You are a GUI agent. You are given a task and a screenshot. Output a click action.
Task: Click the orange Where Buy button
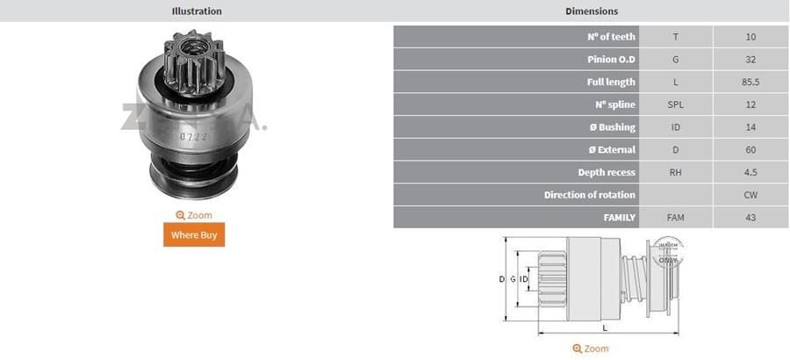point(194,234)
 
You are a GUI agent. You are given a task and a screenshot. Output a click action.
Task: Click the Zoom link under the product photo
point(194,215)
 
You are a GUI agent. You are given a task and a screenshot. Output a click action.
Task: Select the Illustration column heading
point(197,11)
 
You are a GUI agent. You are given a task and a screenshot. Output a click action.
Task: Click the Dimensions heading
point(592,11)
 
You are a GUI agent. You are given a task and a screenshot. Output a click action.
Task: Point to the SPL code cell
point(675,104)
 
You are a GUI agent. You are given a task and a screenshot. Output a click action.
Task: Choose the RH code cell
point(675,172)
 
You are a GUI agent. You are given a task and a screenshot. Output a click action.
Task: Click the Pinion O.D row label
point(611,60)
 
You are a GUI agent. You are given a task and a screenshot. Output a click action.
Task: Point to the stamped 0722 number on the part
point(193,136)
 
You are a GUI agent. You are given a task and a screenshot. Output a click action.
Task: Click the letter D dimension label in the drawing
point(501,279)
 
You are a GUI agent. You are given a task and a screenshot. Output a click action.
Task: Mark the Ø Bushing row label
point(612,127)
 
